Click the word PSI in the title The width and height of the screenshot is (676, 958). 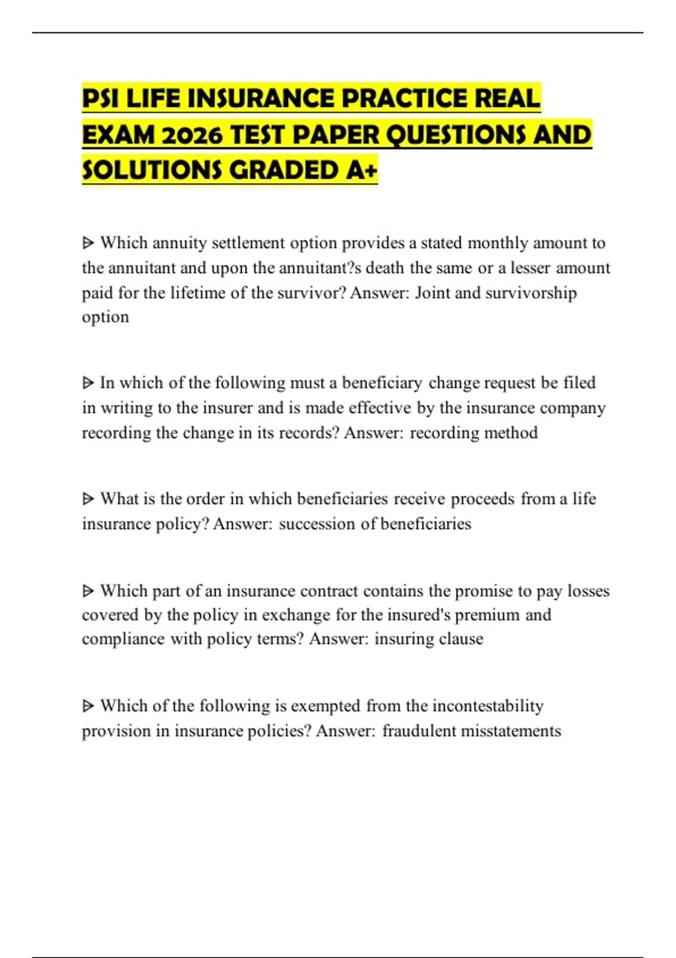[101, 99]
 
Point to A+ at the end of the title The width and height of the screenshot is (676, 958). [362, 170]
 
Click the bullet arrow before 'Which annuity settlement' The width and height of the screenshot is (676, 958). [88, 243]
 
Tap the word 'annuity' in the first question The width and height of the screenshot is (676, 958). [180, 243]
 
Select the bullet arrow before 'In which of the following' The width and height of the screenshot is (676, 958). [88, 383]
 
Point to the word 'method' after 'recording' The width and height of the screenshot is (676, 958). [512, 433]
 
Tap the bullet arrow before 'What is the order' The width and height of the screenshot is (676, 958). [88, 499]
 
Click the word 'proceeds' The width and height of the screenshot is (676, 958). [482, 499]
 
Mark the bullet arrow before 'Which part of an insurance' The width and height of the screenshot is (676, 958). [88, 591]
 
